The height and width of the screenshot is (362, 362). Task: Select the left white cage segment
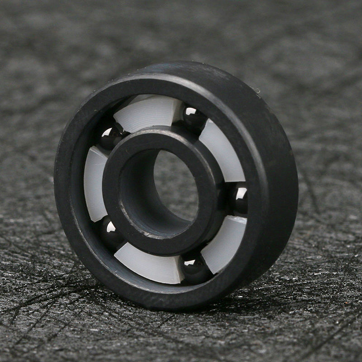coord(95,183)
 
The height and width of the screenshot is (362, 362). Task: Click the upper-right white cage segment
coord(222,154)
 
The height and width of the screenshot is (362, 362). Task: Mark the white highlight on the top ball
coord(191,111)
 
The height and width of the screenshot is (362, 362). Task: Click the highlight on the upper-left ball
coord(108,132)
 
